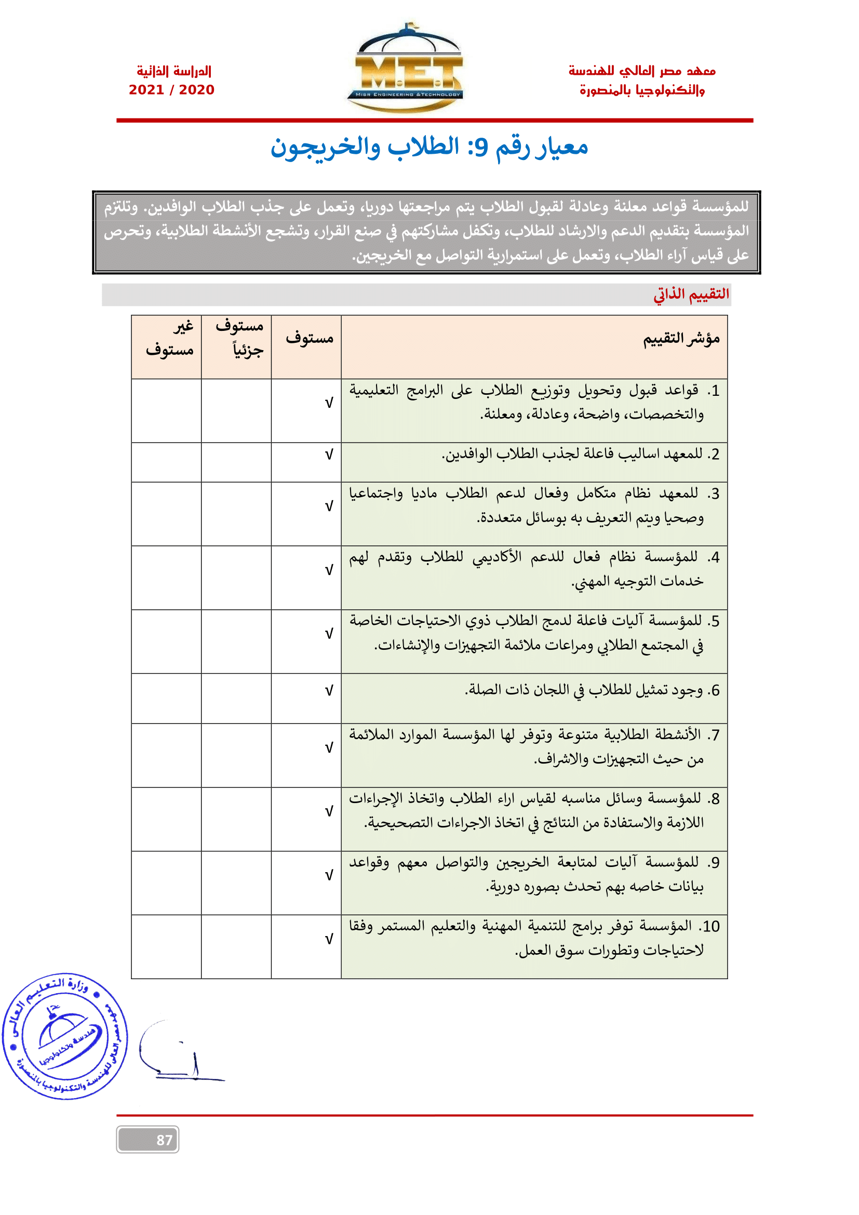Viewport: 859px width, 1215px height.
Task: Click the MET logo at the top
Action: click(x=406, y=69)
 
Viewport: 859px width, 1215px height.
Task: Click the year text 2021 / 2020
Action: click(x=171, y=90)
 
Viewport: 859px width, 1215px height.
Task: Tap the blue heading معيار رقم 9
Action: click(x=429, y=147)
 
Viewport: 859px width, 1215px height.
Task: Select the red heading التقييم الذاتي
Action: click(x=691, y=294)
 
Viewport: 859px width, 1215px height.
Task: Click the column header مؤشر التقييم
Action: click(x=681, y=339)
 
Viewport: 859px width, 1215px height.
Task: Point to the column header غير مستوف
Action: click(x=169, y=339)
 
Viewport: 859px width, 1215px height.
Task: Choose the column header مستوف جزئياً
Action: click(x=239, y=339)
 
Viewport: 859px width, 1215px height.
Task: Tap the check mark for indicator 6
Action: click(x=328, y=691)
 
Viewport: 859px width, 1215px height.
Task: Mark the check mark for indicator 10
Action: click(x=328, y=940)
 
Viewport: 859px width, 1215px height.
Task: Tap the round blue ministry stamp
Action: click(x=65, y=1036)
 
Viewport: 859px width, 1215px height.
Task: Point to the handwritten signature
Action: click(x=177, y=1053)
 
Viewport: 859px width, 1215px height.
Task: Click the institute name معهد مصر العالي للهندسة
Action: click(x=641, y=71)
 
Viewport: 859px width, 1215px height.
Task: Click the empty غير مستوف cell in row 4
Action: click(x=166, y=578)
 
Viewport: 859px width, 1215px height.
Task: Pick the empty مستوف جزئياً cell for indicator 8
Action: click(x=236, y=819)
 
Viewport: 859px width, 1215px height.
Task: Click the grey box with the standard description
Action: click(x=426, y=232)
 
